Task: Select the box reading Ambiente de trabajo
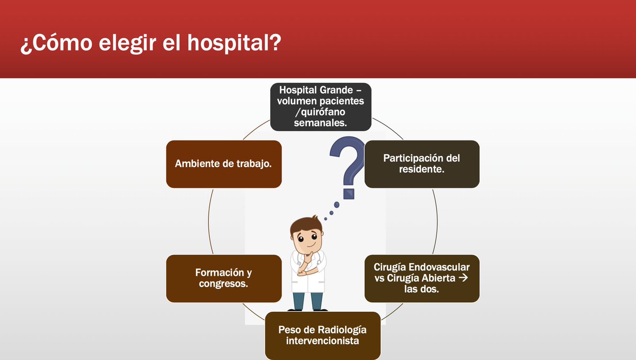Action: click(224, 164)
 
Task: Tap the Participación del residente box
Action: click(422, 164)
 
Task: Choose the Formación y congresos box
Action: click(224, 278)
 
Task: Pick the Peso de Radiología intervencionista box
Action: click(322, 335)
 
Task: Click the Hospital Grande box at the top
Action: click(320, 107)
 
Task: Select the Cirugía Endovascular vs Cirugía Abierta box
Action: click(422, 278)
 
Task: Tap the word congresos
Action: click(224, 284)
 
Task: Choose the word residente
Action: click(421, 170)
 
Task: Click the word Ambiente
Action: click(196, 164)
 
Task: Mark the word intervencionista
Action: click(322, 341)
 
